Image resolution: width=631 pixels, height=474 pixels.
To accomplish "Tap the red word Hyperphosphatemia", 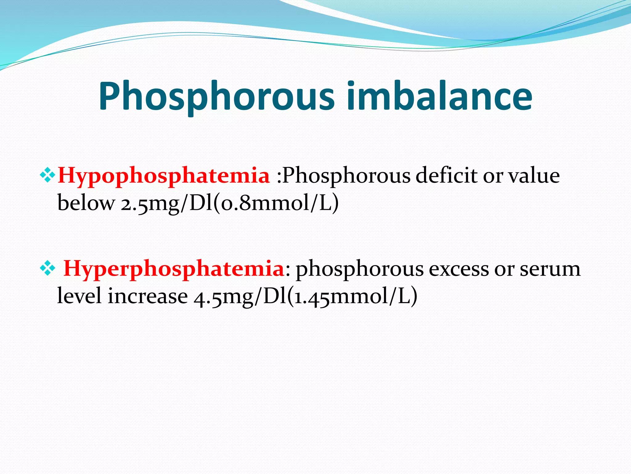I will coord(173,269).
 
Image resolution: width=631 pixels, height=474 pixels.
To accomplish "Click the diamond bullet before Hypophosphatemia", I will coord(47,175).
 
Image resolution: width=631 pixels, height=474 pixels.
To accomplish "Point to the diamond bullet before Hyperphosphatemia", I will coord(47,268).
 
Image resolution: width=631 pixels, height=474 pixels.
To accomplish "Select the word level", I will coord(79,296).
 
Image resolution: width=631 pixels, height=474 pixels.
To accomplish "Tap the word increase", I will coord(148,296).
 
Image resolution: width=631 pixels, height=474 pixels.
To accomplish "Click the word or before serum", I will coord(504,269).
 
